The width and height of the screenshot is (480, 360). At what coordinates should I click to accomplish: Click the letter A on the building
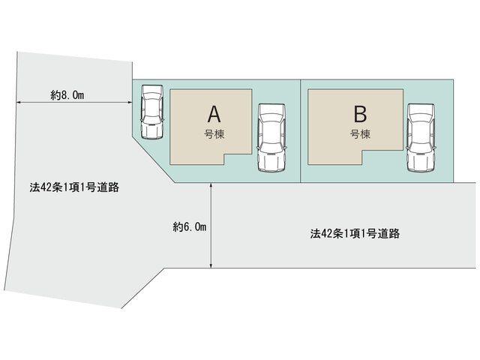(x=214, y=114)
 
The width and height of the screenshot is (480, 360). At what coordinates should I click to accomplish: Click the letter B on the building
(x=360, y=114)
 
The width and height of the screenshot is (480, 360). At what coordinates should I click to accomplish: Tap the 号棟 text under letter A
(x=214, y=134)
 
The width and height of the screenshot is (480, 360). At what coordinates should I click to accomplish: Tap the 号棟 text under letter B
(x=360, y=134)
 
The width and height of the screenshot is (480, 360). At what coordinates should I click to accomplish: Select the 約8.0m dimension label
(x=67, y=95)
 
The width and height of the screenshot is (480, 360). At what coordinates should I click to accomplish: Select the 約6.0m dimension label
(x=190, y=226)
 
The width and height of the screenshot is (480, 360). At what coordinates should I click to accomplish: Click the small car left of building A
(x=151, y=112)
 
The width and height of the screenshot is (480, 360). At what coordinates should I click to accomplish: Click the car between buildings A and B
(x=271, y=138)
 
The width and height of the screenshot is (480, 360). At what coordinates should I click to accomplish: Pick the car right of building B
(x=421, y=138)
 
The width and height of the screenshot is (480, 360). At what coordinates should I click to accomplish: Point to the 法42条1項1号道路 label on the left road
(x=74, y=187)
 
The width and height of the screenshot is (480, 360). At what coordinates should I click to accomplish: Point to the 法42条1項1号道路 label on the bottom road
(x=355, y=233)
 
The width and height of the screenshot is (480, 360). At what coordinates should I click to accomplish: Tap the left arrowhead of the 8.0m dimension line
(x=19, y=103)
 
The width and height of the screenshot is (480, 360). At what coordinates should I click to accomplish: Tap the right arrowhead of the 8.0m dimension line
(x=129, y=103)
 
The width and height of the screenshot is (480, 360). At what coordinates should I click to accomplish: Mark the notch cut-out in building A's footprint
(x=238, y=160)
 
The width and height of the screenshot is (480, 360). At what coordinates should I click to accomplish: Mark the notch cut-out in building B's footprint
(x=382, y=157)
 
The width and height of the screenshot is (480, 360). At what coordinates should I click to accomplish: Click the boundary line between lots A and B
(x=301, y=131)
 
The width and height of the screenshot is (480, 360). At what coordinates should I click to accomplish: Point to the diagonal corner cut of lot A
(x=153, y=160)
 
